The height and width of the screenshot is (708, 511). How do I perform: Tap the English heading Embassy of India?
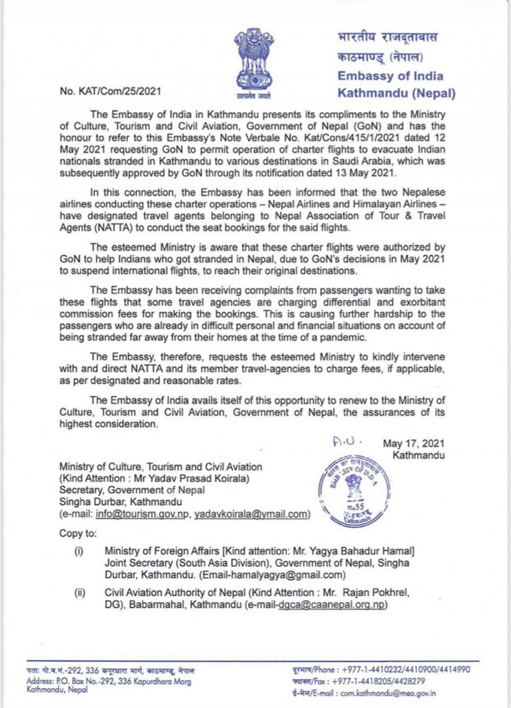(390, 76)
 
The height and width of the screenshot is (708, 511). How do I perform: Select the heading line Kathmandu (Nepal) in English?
(396, 92)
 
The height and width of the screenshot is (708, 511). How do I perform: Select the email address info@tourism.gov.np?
(142, 514)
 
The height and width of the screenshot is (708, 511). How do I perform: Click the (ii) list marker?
(80, 594)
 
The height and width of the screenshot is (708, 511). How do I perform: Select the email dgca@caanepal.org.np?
(332, 606)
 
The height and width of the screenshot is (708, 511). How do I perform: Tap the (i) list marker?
(79, 552)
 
